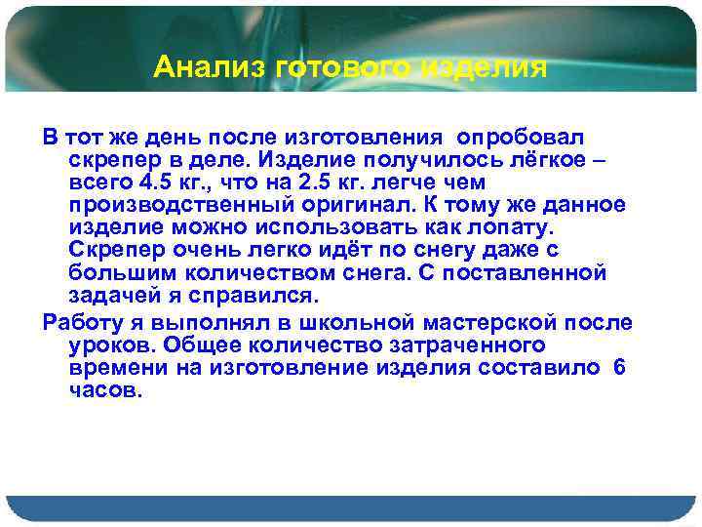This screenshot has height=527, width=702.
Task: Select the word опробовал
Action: [526, 134]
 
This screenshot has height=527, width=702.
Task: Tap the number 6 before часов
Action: [620, 368]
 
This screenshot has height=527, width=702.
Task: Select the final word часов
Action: [107, 390]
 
